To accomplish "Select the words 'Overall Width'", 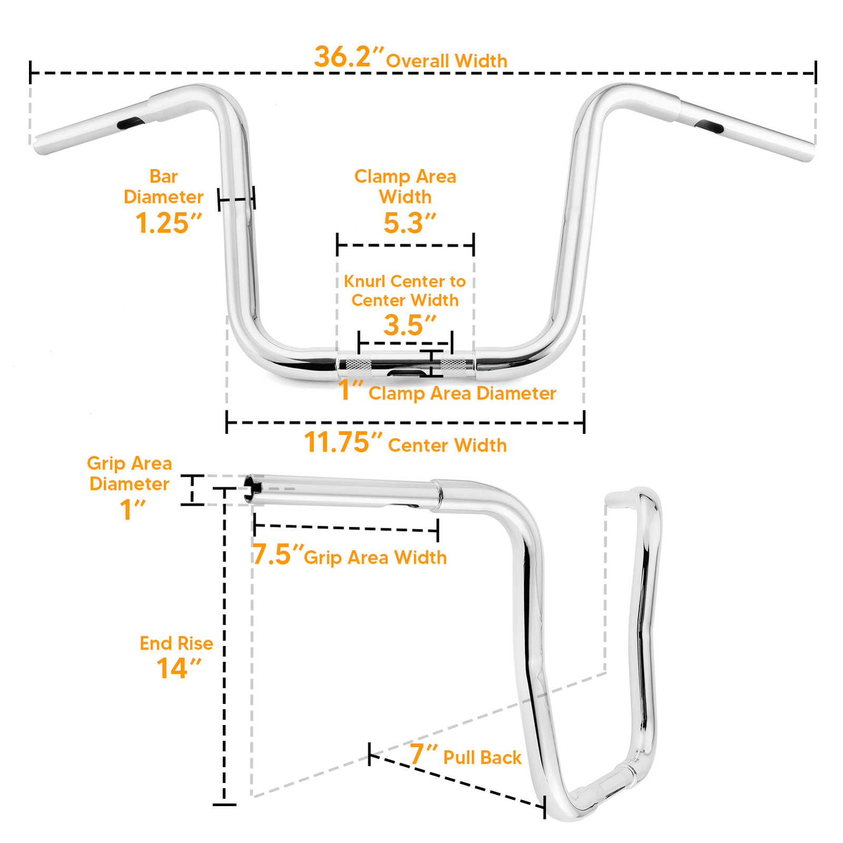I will pyautogui.click(x=447, y=61).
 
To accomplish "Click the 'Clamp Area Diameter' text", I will pyautogui.click(x=462, y=394).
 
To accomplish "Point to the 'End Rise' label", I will pyautogui.click(x=176, y=643).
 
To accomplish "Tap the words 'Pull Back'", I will pyautogui.click(x=482, y=758).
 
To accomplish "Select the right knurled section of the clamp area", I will pyautogui.click(x=454, y=366).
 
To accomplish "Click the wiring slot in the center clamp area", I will pyautogui.click(x=405, y=373).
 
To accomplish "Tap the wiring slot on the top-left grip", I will pyautogui.click(x=130, y=123).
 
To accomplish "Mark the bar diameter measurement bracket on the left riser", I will pyautogui.click(x=236, y=199).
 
